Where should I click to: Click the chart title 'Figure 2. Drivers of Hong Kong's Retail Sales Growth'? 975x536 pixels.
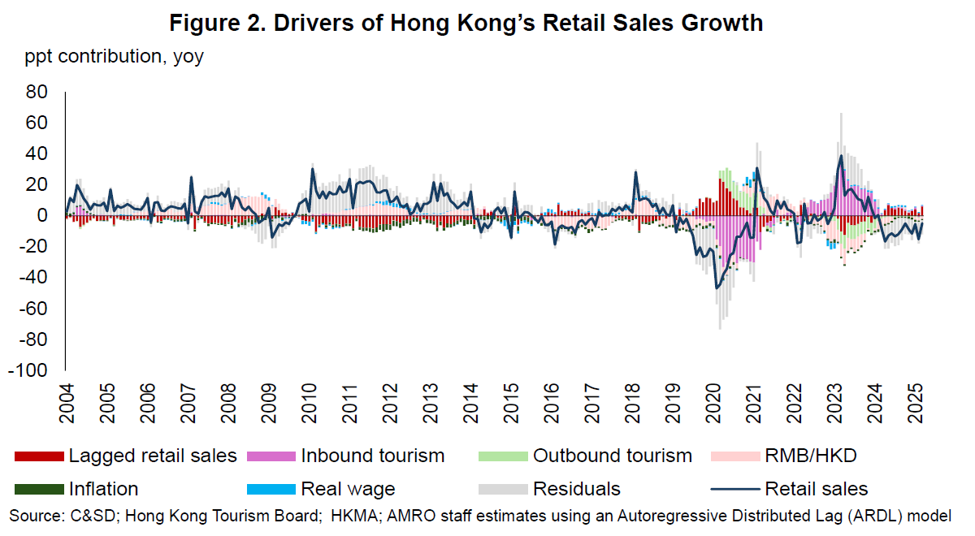(466, 23)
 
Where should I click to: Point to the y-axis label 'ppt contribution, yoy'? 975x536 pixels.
(115, 57)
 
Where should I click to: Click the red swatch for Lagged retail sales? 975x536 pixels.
(39, 456)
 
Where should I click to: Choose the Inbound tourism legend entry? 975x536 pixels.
(372, 456)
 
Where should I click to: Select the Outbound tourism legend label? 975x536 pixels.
(612, 456)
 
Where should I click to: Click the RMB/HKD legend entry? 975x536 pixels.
(809, 456)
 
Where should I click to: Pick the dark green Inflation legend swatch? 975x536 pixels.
(39, 489)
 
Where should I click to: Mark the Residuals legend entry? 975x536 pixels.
(576, 489)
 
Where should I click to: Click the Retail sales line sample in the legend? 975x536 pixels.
(735, 489)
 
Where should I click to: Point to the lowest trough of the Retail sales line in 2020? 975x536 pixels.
(717, 288)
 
